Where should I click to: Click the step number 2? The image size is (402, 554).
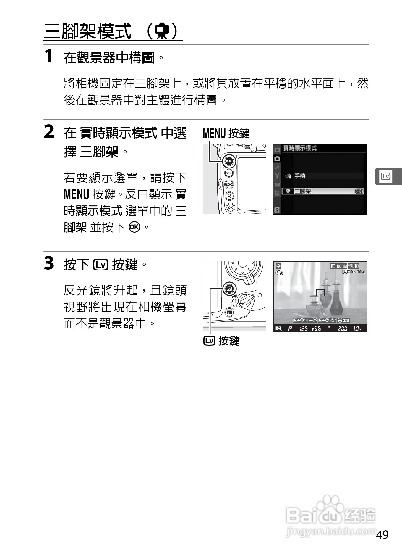tap(49, 132)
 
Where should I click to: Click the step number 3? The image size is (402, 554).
tap(49, 263)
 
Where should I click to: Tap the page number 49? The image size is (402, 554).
tap(382, 535)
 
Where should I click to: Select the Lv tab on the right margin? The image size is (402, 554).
tap(386, 177)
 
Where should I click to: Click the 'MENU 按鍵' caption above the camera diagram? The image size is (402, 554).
tap(226, 133)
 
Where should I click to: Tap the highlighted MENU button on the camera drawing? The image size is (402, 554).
tap(229, 161)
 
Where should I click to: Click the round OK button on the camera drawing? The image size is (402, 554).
tap(230, 207)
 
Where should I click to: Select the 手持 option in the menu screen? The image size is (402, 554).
tap(300, 176)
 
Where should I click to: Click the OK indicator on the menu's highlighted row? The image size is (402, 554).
tap(359, 191)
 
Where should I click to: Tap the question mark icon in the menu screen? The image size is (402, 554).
tap(277, 210)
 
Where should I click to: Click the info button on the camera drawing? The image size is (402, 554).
tap(229, 313)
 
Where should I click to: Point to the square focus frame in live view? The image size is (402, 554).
tap(320, 293)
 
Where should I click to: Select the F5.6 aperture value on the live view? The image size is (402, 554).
tap(316, 328)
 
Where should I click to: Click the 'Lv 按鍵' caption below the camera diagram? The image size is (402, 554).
tap(222, 341)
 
